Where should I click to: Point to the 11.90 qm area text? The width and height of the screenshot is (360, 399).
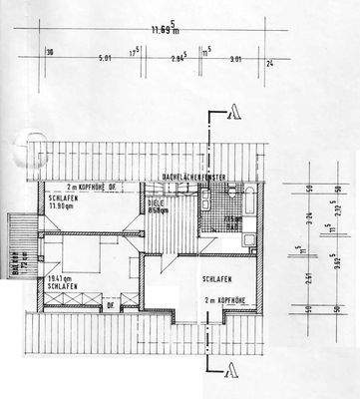tap(61, 206)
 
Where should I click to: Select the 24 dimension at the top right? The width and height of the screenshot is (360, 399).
tap(270, 62)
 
